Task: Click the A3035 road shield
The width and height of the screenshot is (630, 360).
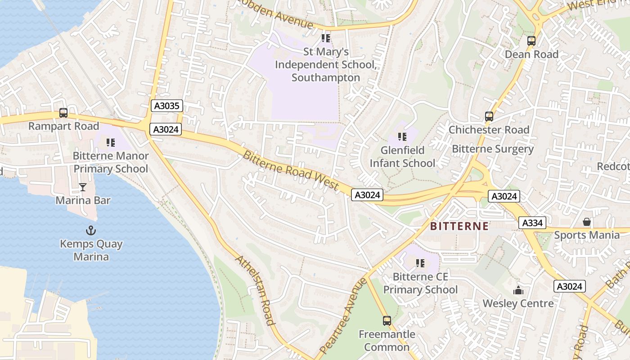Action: coord(166,106)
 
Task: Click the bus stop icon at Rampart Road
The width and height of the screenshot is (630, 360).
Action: coord(63,113)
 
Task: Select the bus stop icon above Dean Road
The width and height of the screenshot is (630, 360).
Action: coord(531,41)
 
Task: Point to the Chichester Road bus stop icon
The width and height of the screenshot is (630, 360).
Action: coord(489,117)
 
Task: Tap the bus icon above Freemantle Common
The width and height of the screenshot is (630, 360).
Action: coord(387,321)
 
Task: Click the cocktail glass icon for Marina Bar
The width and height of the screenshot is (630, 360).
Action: coord(83,187)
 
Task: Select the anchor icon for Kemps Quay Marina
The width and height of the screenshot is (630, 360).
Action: coord(91,231)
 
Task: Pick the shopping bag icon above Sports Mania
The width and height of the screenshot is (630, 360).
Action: coord(587,222)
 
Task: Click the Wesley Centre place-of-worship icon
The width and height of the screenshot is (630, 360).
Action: coord(518,290)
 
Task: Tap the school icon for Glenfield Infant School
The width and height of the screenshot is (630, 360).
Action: coord(402,136)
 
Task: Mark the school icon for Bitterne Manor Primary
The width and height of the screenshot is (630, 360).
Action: coord(111,143)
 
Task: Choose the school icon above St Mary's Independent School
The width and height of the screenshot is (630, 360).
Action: coord(326,38)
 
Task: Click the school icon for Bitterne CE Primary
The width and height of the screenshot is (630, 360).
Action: coord(420,263)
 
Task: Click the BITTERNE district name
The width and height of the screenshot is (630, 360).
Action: coord(459,226)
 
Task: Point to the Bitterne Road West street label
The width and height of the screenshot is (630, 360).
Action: coord(291,170)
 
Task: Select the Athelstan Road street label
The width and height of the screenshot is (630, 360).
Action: coord(254,290)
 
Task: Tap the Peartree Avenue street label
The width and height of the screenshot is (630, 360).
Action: coord(343,315)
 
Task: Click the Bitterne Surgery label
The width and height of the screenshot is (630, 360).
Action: coord(493,149)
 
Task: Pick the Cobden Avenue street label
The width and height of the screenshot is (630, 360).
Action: coord(275,13)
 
